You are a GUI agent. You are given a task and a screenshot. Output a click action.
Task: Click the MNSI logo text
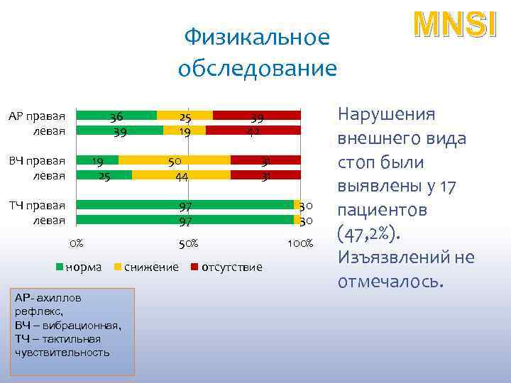click(x=451, y=24)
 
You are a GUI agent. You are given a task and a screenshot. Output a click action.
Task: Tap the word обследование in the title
click(x=258, y=69)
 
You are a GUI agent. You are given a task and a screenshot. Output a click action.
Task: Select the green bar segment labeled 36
click(x=116, y=116)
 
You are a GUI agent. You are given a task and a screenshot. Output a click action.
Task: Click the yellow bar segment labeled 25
click(x=185, y=116)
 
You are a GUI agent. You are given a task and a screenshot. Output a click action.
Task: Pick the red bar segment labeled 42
click(x=253, y=131)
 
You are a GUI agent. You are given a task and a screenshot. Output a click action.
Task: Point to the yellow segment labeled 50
click(x=174, y=160)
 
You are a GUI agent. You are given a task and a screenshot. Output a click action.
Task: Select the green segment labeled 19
click(x=98, y=160)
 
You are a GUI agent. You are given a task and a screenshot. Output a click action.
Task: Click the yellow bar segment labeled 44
click(x=181, y=175)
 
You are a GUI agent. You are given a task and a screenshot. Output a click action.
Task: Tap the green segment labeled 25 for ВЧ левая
click(x=104, y=175)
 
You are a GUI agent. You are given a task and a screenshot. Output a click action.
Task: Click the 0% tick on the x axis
click(x=76, y=244)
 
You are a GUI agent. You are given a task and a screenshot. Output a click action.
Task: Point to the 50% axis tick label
click(x=187, y=244)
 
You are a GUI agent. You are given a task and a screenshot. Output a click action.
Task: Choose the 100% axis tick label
click(x=300, y=244)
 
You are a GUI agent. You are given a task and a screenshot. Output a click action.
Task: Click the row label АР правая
click(x=37, y=116)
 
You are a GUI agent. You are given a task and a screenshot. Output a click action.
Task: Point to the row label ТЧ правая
click(x=37, y=206)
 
